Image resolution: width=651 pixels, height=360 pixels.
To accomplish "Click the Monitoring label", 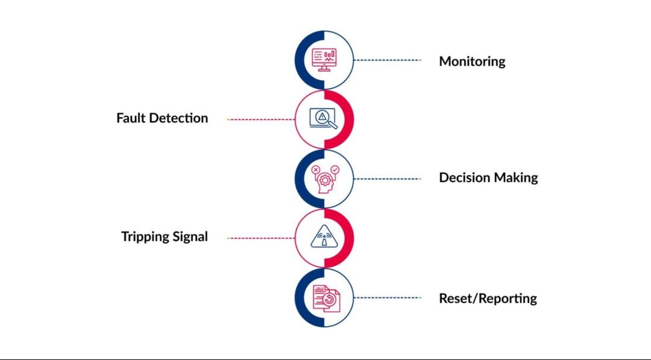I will coord(472,61).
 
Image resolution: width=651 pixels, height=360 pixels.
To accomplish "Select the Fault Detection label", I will coord(162,118).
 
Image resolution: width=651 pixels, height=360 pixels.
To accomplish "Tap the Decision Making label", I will coord(488,178).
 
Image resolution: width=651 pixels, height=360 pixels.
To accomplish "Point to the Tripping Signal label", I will coord(165,237).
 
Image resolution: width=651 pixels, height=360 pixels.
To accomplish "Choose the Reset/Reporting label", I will coord(488,298).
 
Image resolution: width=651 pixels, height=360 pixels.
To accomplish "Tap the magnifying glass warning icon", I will coord(324,119).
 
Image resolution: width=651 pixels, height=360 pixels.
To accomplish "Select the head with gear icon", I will coord(324,178).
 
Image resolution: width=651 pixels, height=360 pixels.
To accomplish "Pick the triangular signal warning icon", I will coord(324,238).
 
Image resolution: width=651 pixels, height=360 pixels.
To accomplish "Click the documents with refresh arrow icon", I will coord(325,298).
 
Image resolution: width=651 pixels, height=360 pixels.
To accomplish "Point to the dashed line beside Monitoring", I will coord(388,60).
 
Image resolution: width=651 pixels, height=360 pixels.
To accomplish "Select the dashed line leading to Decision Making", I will coord(388,178).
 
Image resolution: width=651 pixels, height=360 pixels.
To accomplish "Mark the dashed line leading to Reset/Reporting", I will coord(388,297).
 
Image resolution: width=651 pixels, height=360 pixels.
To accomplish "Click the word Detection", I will coord(178,118).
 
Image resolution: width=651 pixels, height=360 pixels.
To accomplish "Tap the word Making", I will coord(516,178).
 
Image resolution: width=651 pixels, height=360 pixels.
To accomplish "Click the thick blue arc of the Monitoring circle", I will coord(298,60).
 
